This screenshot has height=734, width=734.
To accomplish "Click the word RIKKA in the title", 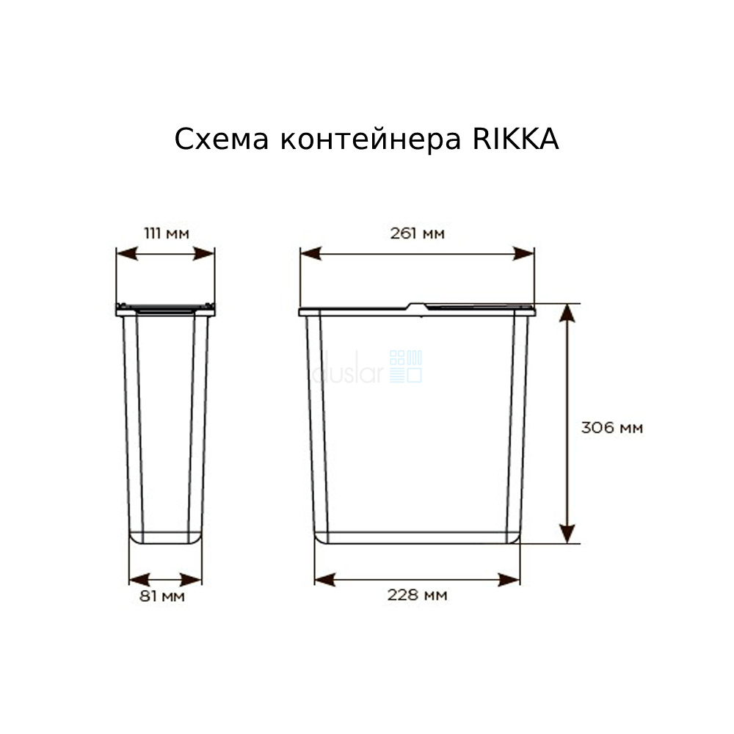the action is click(x=515, y=139).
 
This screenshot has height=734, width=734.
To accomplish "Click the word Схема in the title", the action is click(x=222, y=139).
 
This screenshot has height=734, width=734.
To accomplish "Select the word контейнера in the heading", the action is click(x=371, y=139).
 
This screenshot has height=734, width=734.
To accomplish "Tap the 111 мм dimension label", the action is click(x=167, y=233).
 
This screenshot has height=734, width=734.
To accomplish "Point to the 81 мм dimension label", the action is click(x=162, y=596).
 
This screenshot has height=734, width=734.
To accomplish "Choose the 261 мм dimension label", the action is click(x=417, y=233).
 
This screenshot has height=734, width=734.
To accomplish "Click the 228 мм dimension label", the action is click(x=417, y=595).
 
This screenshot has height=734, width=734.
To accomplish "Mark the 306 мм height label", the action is click(x=612, y=427).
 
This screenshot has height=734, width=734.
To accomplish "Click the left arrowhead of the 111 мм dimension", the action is click(x=127, y=254).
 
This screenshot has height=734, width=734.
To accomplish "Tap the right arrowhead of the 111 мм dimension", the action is click(x=204, y=254).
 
